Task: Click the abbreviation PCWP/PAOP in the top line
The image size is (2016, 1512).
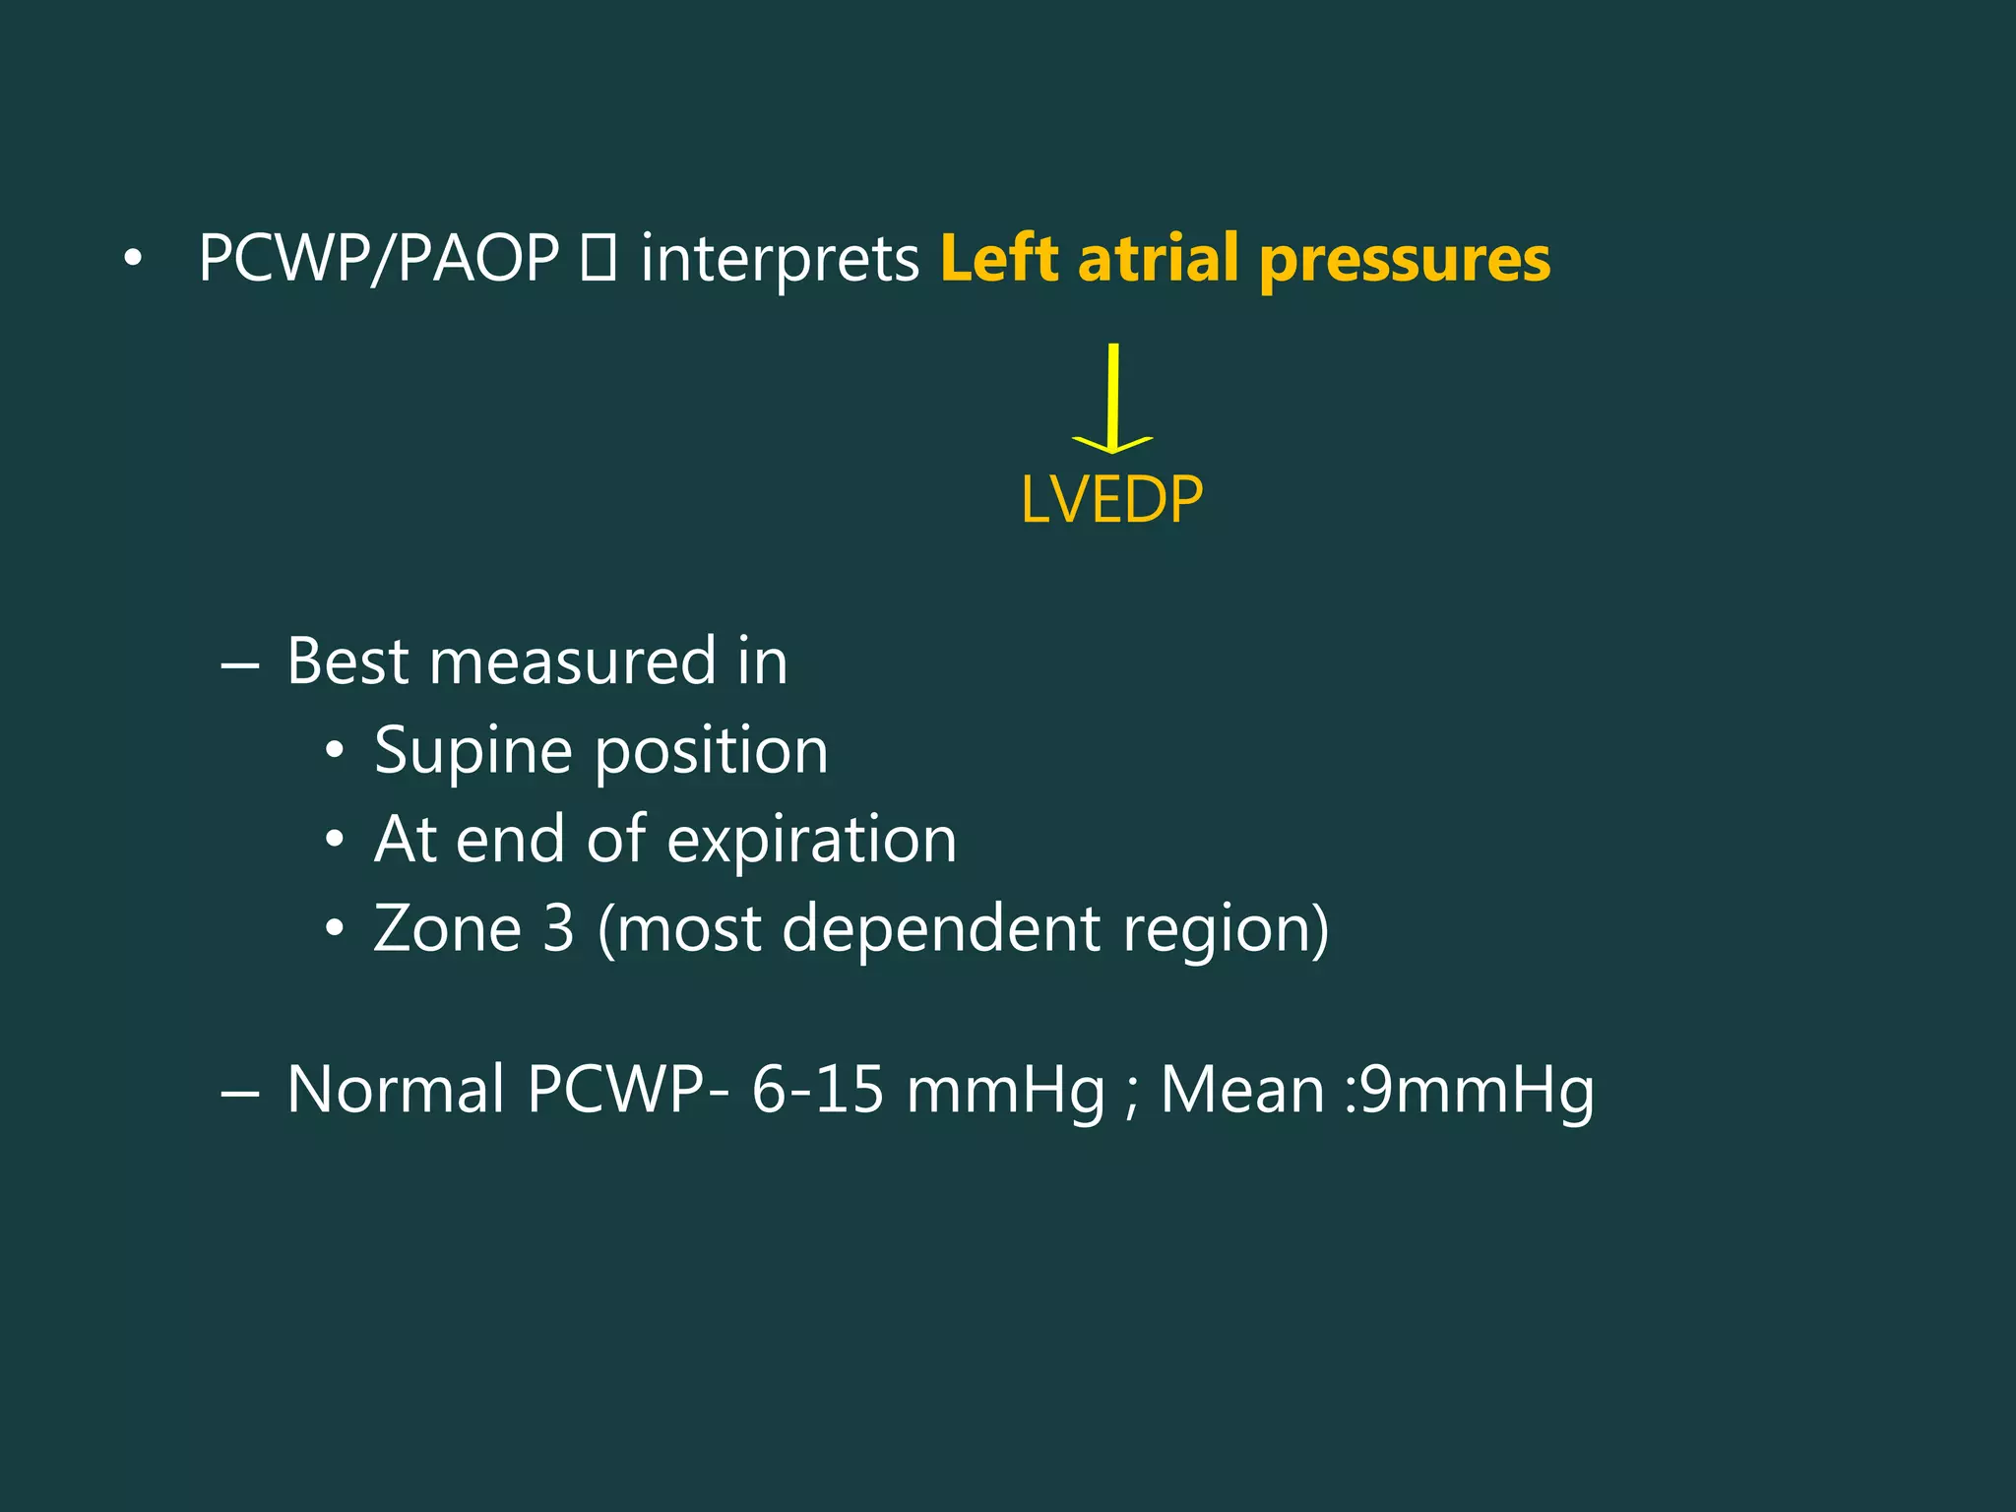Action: (x=379, y=259)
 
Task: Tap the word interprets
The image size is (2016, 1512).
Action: (x=780, y=259)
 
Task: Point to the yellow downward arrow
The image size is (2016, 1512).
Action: (x=1112, y=399)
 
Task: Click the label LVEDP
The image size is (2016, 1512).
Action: (x=1111, y=500)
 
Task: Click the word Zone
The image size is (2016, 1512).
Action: (x=447, y=928)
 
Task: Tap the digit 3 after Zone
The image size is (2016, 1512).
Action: (x=558, y=928)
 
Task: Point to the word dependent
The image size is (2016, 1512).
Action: (x=940, y=928)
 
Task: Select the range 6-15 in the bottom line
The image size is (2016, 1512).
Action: (x=817, y=1090)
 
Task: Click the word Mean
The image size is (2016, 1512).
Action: (x=1242, y=1090)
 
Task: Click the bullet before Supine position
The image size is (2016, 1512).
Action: (x=335, y=752)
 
